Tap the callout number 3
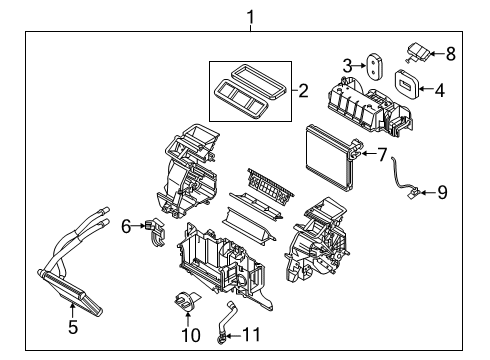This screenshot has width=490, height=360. point(348,65)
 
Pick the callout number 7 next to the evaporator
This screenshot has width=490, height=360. point(383,153)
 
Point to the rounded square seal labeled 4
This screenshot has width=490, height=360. point(408,83)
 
